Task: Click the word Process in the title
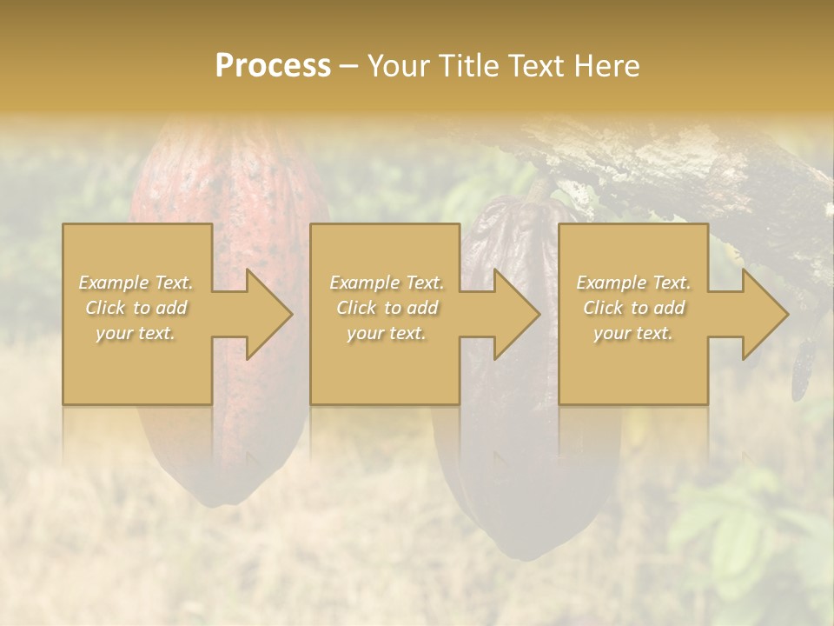coord(273,66)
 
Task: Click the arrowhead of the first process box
coord(269,314)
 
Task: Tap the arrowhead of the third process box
coord(765,314)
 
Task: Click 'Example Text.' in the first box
coord(136,283)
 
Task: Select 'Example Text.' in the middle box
coord(386,283)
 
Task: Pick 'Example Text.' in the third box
coord(633,283)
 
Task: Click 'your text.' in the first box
coord(136,333)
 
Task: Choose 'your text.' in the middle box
coord(386,333)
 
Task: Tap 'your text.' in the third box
coord(633,333)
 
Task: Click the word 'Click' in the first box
coord(106,308)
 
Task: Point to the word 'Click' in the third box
coord(604,308)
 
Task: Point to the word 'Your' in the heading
coord(396,66)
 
